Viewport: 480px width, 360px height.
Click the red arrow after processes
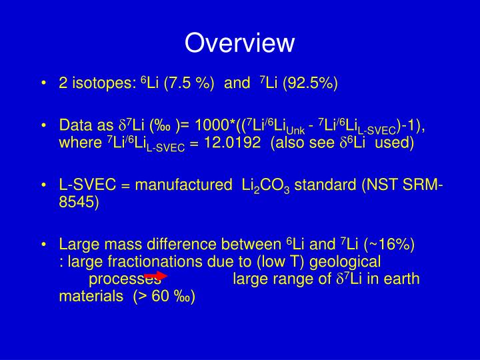[155, 275]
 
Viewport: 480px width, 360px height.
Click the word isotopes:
[105, 83]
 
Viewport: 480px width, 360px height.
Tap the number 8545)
[79, 203]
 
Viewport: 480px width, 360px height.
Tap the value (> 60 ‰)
[164, 296]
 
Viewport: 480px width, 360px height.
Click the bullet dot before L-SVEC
[44, 185]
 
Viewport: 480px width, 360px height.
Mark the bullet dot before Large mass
[44, 244]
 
